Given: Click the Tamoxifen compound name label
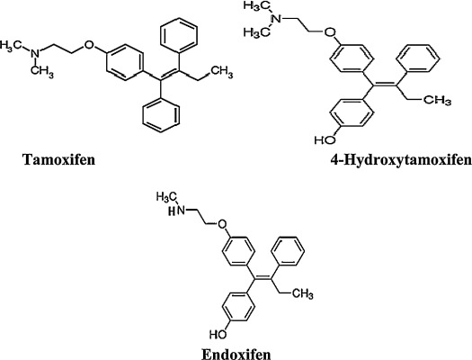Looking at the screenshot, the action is [x=59, y=159].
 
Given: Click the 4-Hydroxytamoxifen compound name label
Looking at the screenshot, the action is [x=401, y=160].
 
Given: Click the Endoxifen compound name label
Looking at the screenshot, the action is [x=236, y=354].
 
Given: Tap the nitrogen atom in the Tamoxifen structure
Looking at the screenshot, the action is [x=36, y=54].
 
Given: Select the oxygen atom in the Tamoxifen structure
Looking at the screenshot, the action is [x=88, y=45].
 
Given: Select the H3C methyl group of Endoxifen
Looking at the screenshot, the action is [x=165, y=197].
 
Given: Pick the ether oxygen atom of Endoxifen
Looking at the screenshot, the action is [x=222, y=224].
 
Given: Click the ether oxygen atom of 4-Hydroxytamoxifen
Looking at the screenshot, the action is [x=331, y=31].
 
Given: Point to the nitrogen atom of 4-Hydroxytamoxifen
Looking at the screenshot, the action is [x=277, y=19].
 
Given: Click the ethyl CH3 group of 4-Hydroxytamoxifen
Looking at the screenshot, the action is [x=437, y=100].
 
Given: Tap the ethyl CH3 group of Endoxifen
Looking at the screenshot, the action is [x=302, y=293].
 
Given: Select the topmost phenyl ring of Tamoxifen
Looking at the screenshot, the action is [x=179, y=34].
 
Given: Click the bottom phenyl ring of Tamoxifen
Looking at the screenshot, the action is [x=161, y=115].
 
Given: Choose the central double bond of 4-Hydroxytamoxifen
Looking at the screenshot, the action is [x=385, y=85].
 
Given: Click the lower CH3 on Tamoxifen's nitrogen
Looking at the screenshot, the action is [x=42, y=72].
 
